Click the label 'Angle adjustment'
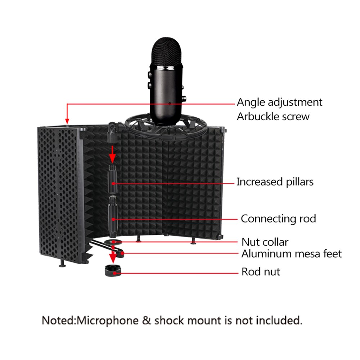[x=279, y=102]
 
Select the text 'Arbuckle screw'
[x=273, y=116]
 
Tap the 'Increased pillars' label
[x=275, y=182]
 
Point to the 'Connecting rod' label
[x=278, y=219]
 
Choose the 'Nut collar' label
[x=265, y=242]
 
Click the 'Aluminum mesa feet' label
[x=292, y=254]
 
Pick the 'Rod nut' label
[x=261, y=271]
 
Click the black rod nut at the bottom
[x=113, y=271]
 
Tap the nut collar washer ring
[x=113, y=242]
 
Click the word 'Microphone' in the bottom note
[x=107, y=320]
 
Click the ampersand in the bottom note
[x=146, y=320]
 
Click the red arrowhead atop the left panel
[x=67, y=121]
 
